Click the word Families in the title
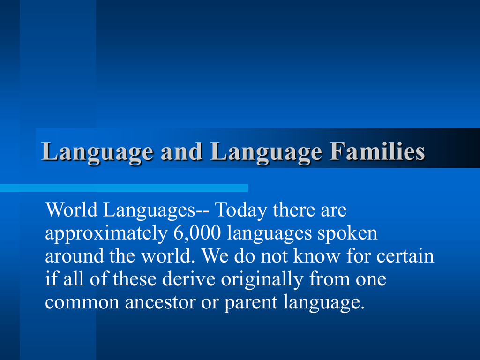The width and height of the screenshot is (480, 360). [x=377, y=151]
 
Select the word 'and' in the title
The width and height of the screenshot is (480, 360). [x=181, y=151]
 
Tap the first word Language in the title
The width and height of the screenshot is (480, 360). [x=97, y=152]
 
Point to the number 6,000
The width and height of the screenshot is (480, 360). [x=197, y=233]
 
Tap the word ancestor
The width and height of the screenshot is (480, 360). [x=160, y=302]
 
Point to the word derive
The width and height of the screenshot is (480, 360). [x=188, y=279]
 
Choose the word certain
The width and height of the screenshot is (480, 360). [x=405, y=256]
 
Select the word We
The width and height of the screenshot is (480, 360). [x=215, y=256]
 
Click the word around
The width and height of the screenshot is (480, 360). [x=75, y=256]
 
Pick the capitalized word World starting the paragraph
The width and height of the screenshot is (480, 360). [x=72, y=210]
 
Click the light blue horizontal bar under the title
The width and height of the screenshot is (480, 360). [x=124, y=188]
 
